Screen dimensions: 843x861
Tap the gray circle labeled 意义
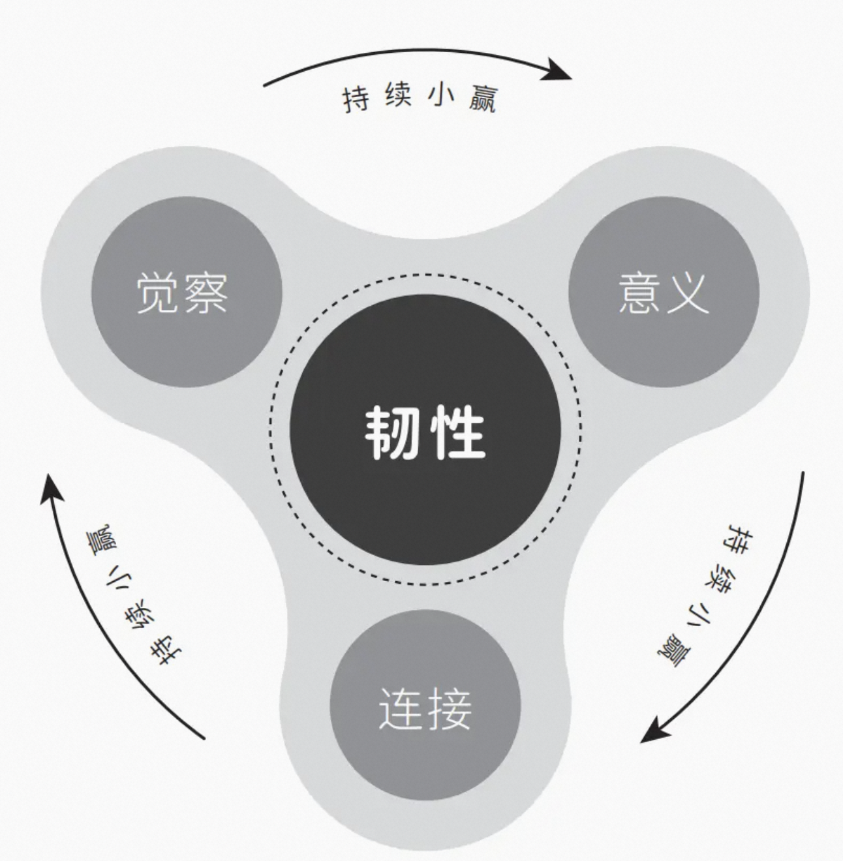click(x=664, y=292)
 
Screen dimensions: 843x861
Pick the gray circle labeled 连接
click(x=425, y=706)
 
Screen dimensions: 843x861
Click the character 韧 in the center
click(x=391, y=432)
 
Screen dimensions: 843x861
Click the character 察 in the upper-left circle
click(x=206, y=294)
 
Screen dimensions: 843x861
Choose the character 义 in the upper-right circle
click(x=686, y=294)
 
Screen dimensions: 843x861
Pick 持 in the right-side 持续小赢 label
click(x=739, y=537)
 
